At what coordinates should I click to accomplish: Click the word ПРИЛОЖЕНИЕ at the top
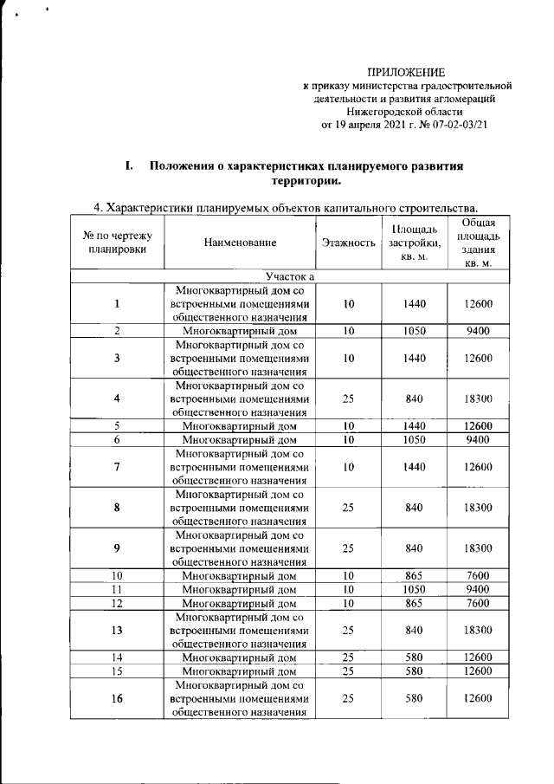click(404, 72)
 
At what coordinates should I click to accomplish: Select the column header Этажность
click(348, 243)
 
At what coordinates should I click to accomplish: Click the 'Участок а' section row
click(290, 276)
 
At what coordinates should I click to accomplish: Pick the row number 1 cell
click(117, 303)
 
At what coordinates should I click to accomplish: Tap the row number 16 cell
click(117, 698)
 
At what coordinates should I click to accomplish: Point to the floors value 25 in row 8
click(348, 508)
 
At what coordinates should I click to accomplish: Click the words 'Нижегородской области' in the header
click(404, 112)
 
